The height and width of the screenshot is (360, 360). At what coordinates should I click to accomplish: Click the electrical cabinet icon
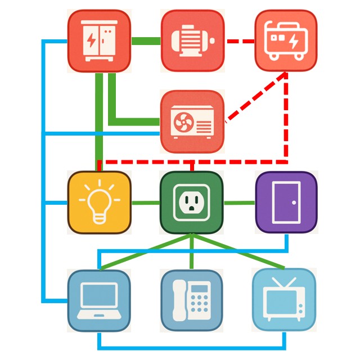[x=99, y=41]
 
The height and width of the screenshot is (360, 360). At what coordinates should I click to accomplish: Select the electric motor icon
[x=193, y=41]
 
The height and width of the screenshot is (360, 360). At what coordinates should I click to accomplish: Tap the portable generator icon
[x=286, y=41]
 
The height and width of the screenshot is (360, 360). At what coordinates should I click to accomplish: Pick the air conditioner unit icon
[x=192, y=121]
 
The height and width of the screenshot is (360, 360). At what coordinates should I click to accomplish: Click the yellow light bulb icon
[x=99, y=202]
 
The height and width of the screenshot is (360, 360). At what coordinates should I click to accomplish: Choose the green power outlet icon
[x=192, y=202]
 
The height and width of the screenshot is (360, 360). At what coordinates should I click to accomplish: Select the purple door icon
[x=286, y=202]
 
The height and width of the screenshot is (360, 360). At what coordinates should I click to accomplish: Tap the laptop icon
[x=99, y=300]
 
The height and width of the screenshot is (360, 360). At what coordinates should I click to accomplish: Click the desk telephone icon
[x=192, y=300]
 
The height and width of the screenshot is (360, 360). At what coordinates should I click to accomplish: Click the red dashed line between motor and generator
[x=240, y=41]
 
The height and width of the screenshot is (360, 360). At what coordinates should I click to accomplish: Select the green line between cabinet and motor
[x=146, y=41]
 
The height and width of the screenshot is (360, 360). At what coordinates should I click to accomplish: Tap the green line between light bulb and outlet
[x=146, y=202]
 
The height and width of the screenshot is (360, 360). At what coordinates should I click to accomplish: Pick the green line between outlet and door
[x=239, y=202]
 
